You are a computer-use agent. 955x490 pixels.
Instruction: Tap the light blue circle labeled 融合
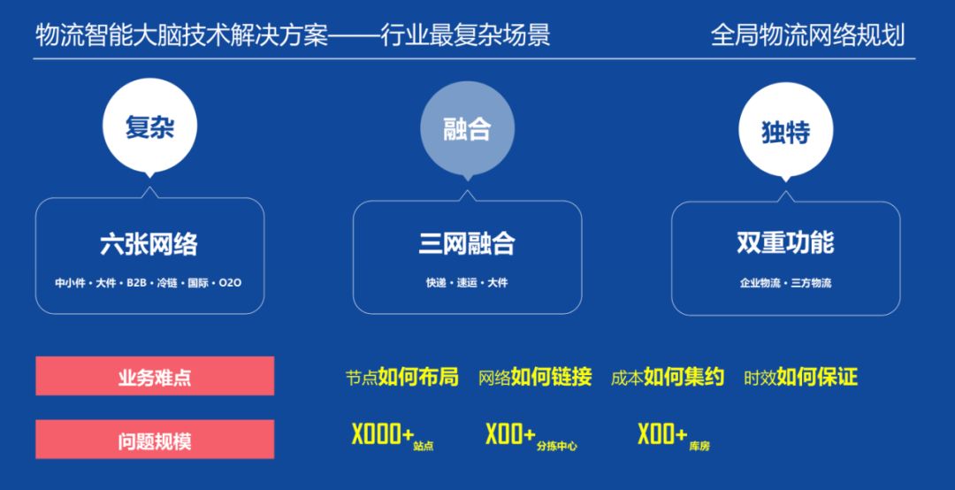(467, 130)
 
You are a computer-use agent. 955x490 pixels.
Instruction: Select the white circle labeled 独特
(785, 131)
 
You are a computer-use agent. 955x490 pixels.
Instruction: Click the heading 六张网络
(149, 243)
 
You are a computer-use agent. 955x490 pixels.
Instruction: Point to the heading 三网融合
(467, 243)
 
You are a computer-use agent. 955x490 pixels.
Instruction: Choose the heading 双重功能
(785, 243)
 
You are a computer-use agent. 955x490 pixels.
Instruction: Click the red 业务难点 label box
(155, 376)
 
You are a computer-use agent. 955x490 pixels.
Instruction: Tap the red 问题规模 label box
(155, 440)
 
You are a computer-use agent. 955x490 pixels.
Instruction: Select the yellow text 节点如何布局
(401, 378)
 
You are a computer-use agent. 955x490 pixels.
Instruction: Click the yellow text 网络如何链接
(534, 378)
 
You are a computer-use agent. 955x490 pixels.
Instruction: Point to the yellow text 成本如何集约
(667, 378)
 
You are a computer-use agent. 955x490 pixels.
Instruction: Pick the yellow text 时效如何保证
(800, 378)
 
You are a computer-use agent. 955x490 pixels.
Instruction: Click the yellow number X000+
(382, 435)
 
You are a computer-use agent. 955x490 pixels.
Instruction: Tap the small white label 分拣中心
(556, 447)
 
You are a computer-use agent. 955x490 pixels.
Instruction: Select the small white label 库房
(699, 447)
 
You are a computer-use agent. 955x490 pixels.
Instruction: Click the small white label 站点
(423, 447)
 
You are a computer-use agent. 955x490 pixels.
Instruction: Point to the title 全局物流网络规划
(807, 36)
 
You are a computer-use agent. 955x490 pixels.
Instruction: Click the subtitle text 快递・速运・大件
(467, 283)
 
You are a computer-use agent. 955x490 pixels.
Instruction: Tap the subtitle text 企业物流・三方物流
(785, 283)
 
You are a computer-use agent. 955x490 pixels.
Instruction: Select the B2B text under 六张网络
(136, 283)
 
